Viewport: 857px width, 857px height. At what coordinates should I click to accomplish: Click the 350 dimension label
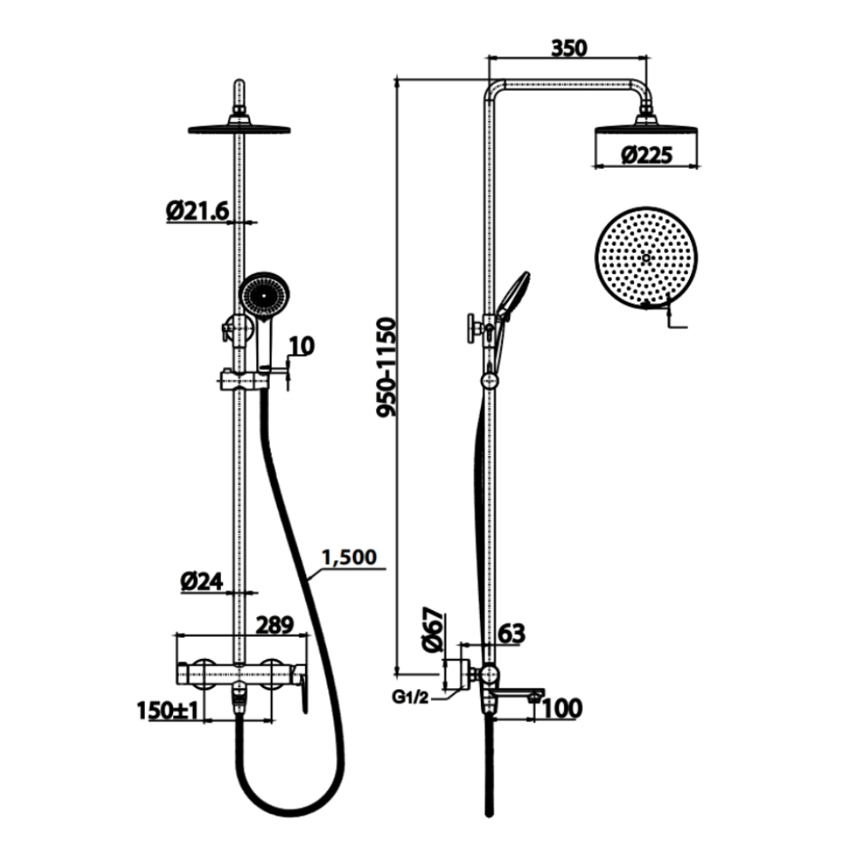(x=569, y=48)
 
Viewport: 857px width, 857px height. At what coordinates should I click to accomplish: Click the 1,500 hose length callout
(x=349, y=557)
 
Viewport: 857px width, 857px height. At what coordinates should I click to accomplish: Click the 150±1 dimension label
(x=168, y=710)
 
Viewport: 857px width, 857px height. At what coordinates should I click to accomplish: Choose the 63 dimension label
(x=511, y=633)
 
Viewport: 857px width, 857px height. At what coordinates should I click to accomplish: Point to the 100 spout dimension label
(x=562, y=708)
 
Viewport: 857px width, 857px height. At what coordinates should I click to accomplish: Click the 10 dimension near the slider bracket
(x=302, y=346)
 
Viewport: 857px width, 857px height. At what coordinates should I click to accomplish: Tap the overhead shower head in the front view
(x=238, y=129)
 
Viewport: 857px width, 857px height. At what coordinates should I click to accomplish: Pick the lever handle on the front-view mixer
(x=303, y=693)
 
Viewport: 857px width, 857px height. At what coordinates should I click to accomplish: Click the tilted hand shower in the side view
(x=512, y=295)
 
